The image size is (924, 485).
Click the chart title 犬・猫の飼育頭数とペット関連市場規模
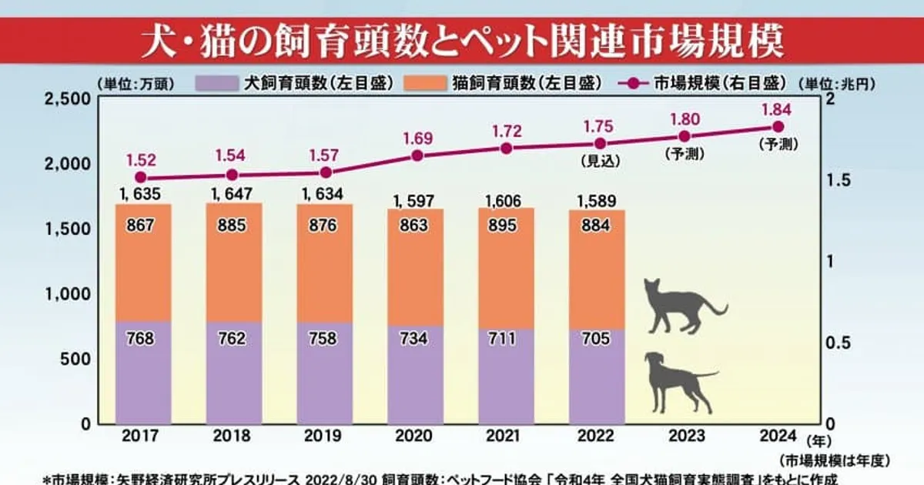[x=462, y=44]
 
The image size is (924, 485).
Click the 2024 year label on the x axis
[x=777, y=436]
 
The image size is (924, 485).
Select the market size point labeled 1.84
[x=778, y=126]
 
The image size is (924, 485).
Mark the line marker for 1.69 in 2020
[x=417, y=156]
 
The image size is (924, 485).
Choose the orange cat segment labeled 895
[x=506, y=226]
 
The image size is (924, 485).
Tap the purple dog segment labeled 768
[x=142, y=338]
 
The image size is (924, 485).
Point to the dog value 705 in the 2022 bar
[x=597, y=338]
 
